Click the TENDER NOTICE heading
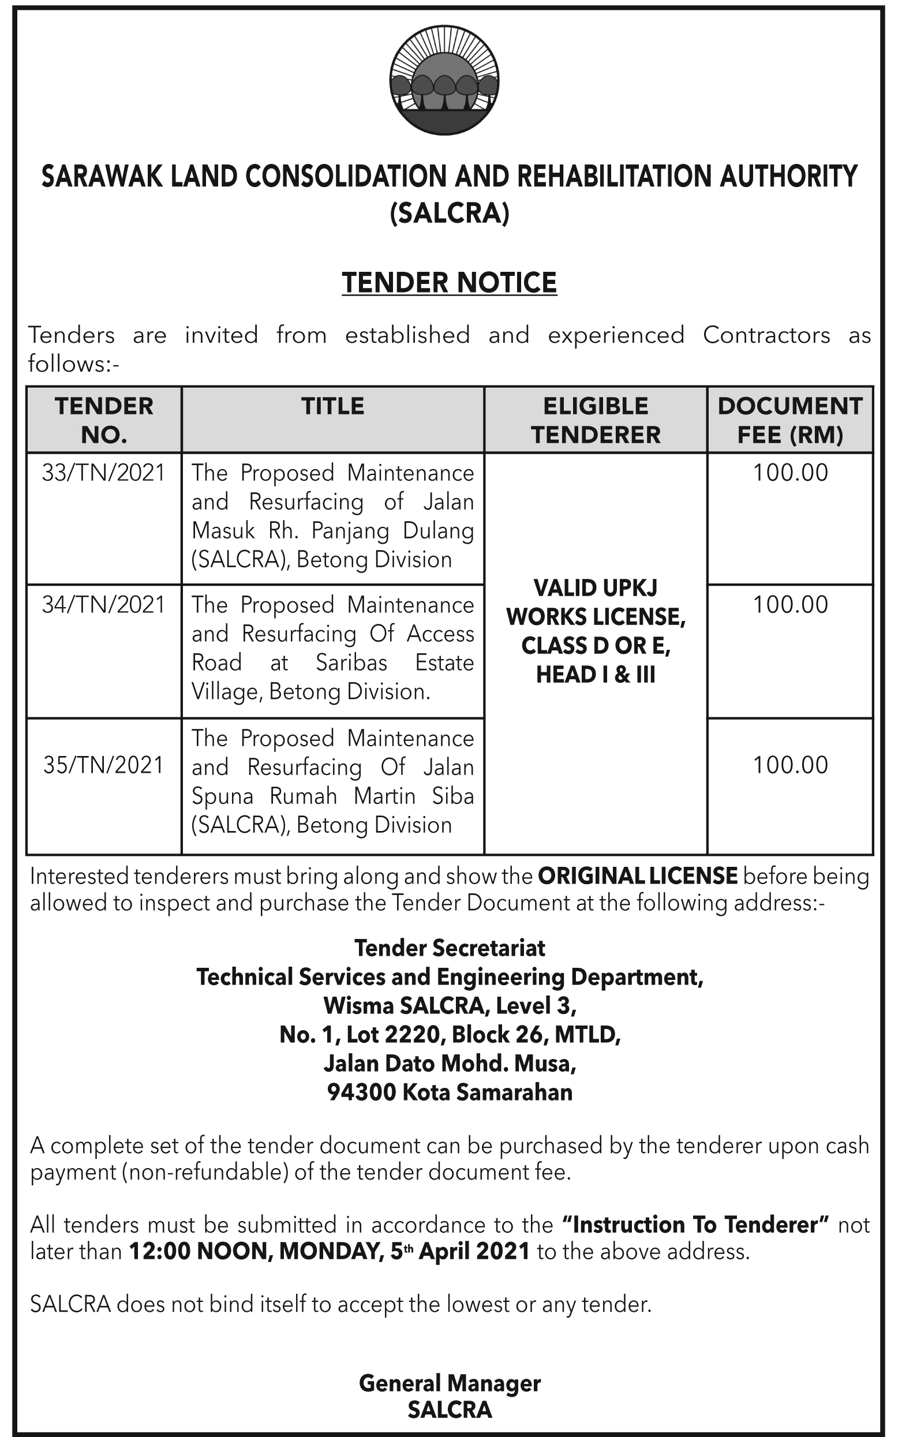(x=449, y=283)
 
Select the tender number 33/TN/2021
(x=103, y=473)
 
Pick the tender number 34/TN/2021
(x=103, y=605)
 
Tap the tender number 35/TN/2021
(x=103, y=765)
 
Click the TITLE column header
(x=332, y=406)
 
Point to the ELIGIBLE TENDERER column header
(x=596, y=421)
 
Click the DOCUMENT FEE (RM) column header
(x=790, y=421)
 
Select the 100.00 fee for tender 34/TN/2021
(x=790, y=605)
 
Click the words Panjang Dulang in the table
(x=392, y=531)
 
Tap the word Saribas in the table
(x=351, y=663)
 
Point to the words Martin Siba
(x=413, y=796)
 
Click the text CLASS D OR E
(x=596, y=646)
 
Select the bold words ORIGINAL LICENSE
(x=637, y=875)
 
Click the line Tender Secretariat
(x=450, y=948)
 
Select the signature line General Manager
(x=450, y=1383)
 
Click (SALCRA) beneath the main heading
(x=450, y=214)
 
